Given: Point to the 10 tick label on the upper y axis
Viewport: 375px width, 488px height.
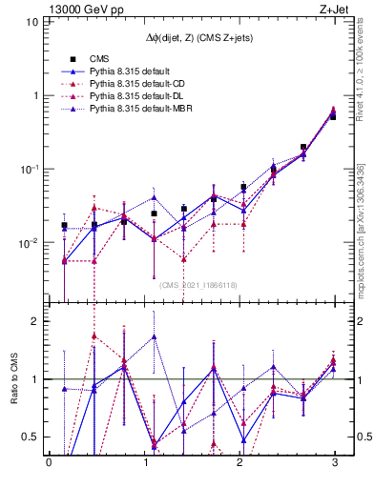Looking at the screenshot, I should click(31, 22).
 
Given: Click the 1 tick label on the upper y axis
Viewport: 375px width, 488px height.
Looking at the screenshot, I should click(34, 96).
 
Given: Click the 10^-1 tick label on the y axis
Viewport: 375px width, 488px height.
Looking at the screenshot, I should click(29, 169).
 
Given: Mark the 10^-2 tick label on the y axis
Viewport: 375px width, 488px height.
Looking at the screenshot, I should click(29, 243).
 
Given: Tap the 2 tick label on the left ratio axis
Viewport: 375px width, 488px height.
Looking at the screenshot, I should click(34, 321).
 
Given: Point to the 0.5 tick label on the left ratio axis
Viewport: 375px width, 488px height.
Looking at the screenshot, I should click(30, 437).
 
